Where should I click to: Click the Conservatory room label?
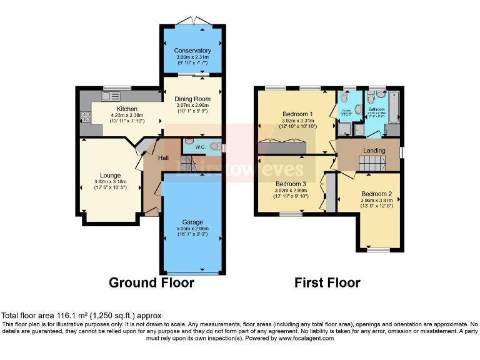point(192,51)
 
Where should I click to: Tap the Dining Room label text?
point(192,99)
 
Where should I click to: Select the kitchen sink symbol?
point(111,96)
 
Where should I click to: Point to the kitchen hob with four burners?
point(85,117)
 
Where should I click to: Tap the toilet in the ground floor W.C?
point(215,147)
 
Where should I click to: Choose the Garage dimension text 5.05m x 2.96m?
point(192,229)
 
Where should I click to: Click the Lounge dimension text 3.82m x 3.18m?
point(110,181)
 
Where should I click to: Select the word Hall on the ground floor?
point(163,158)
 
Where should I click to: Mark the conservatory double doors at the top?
point(192,22)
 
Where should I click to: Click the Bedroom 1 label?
point(291,114)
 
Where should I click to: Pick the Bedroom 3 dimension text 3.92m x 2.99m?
point(291,190)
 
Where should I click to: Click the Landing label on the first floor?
point(374,151)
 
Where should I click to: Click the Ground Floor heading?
point(151,282)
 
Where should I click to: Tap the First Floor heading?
point(327,282)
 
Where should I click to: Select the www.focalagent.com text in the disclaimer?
point(301,338)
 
